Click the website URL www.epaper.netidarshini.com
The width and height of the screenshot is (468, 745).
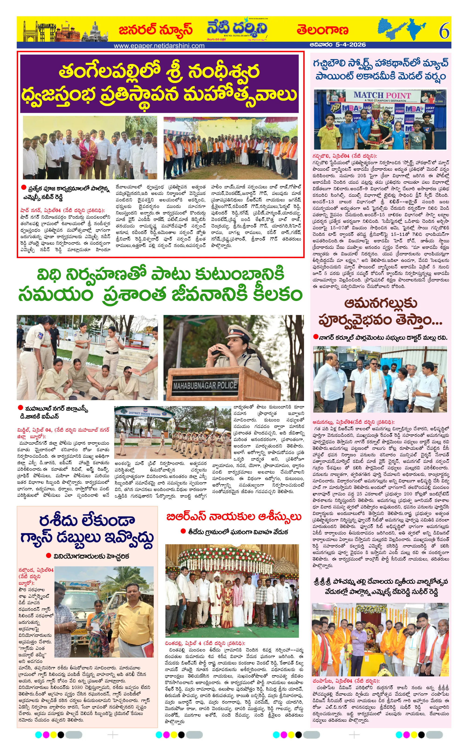[x=159, y=46]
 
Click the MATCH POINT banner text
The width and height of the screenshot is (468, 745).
[x=382, y=95]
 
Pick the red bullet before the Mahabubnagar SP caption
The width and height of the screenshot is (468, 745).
[x=21, y=408]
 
